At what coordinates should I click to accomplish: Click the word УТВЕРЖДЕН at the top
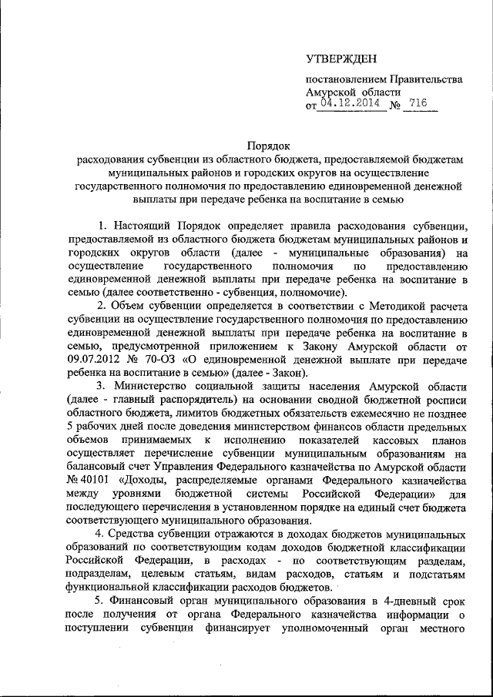pyautogui.click(x=342, y=59)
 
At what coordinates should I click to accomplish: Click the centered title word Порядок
pyautogui.click(x=267, y=144)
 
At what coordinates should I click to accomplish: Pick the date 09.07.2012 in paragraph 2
pyautogui.click(x=96, y=362)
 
